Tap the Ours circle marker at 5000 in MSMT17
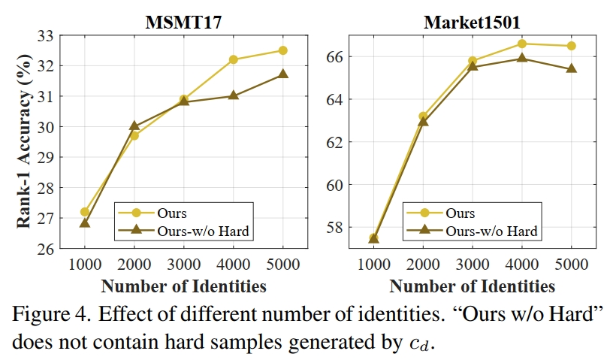tap(282, 50)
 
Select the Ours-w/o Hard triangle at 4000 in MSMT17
tap(233, 95)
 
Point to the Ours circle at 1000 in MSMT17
tap(85, 212)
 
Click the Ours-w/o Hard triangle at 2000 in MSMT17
tap(134, 126)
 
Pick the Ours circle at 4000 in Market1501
tap(521, 44)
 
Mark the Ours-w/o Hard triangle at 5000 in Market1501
tap(571, 68)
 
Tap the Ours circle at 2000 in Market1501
tap(423, 116)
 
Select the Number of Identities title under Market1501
tap(472, 286)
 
